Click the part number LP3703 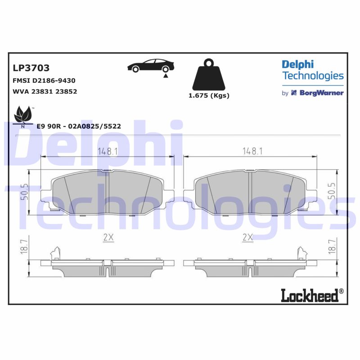(x=31, y=68)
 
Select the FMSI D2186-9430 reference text (x=44, y=81)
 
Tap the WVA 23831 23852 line (x=45, y=91)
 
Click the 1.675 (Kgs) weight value (x=208, y=95)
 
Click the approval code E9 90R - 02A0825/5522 (x=79, y=126)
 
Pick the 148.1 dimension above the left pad (x=108, y=152)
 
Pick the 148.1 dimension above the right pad (x=252, y=152)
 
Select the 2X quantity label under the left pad (x=108, y=238)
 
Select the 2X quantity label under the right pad (x=247, y=238)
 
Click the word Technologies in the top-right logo (x=313, y=76)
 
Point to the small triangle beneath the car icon (x=166, y=76)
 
